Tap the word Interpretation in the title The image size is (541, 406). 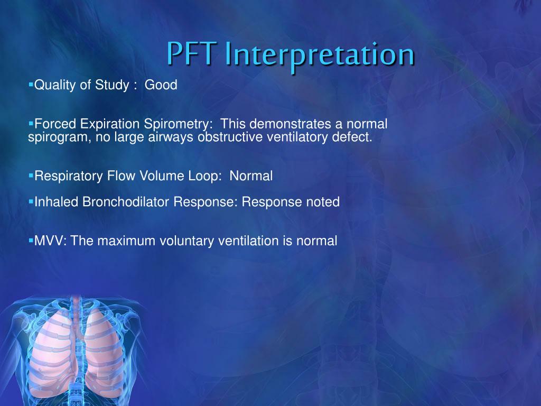click(x=319, y=55)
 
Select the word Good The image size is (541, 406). click(x=161, y=85)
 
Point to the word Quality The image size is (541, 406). click(x=55, y=85)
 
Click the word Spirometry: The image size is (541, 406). click(x=179, y=124)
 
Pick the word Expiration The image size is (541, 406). click(x=110, y=124)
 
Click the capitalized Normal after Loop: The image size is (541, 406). click(x=251, y=176)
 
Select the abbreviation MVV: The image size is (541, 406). click(x=51, y=241)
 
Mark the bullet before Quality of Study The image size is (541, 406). click(x=31, y=84)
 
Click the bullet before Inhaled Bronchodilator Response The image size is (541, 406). click(x=31, y=201)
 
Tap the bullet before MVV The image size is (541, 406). click(x=31, y=240)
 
